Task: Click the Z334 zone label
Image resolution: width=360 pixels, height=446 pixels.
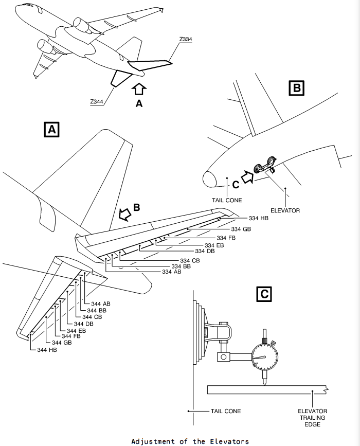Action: click(186, 39)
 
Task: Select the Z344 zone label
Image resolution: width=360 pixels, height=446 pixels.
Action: click(97, 101)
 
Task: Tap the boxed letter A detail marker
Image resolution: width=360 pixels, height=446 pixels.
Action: click(52, 130)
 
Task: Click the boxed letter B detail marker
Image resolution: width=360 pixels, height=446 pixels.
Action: click(296, 88)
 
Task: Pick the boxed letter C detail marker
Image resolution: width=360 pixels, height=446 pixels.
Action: click(264, 294)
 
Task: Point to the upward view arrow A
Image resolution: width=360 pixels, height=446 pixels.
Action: click(139, 89)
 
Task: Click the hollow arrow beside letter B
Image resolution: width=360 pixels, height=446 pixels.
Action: click(125, 214)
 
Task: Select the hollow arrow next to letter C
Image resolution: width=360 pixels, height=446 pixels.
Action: click(247, 177)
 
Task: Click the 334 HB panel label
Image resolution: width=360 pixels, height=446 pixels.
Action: click(259, 218)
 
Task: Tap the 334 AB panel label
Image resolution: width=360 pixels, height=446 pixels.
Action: click(171, 272)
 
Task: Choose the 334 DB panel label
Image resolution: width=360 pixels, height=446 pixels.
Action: click(205, 251)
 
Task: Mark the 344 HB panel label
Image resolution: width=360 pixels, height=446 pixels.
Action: click(47, 350)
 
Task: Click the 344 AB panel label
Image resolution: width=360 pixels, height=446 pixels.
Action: click(101, 304)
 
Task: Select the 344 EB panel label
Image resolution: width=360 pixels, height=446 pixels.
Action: click(76, 331)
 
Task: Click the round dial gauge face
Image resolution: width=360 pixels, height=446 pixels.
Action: click(264, 356)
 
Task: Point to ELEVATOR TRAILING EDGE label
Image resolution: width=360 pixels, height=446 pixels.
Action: click(312, 418)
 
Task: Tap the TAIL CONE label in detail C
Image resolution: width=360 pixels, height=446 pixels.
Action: click(225, 411)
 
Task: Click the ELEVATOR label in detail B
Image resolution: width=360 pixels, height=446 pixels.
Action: click(285, 210)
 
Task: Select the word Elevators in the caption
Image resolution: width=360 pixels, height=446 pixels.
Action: click(229, 441)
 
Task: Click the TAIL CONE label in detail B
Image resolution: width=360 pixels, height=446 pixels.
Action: click(227, 200)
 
